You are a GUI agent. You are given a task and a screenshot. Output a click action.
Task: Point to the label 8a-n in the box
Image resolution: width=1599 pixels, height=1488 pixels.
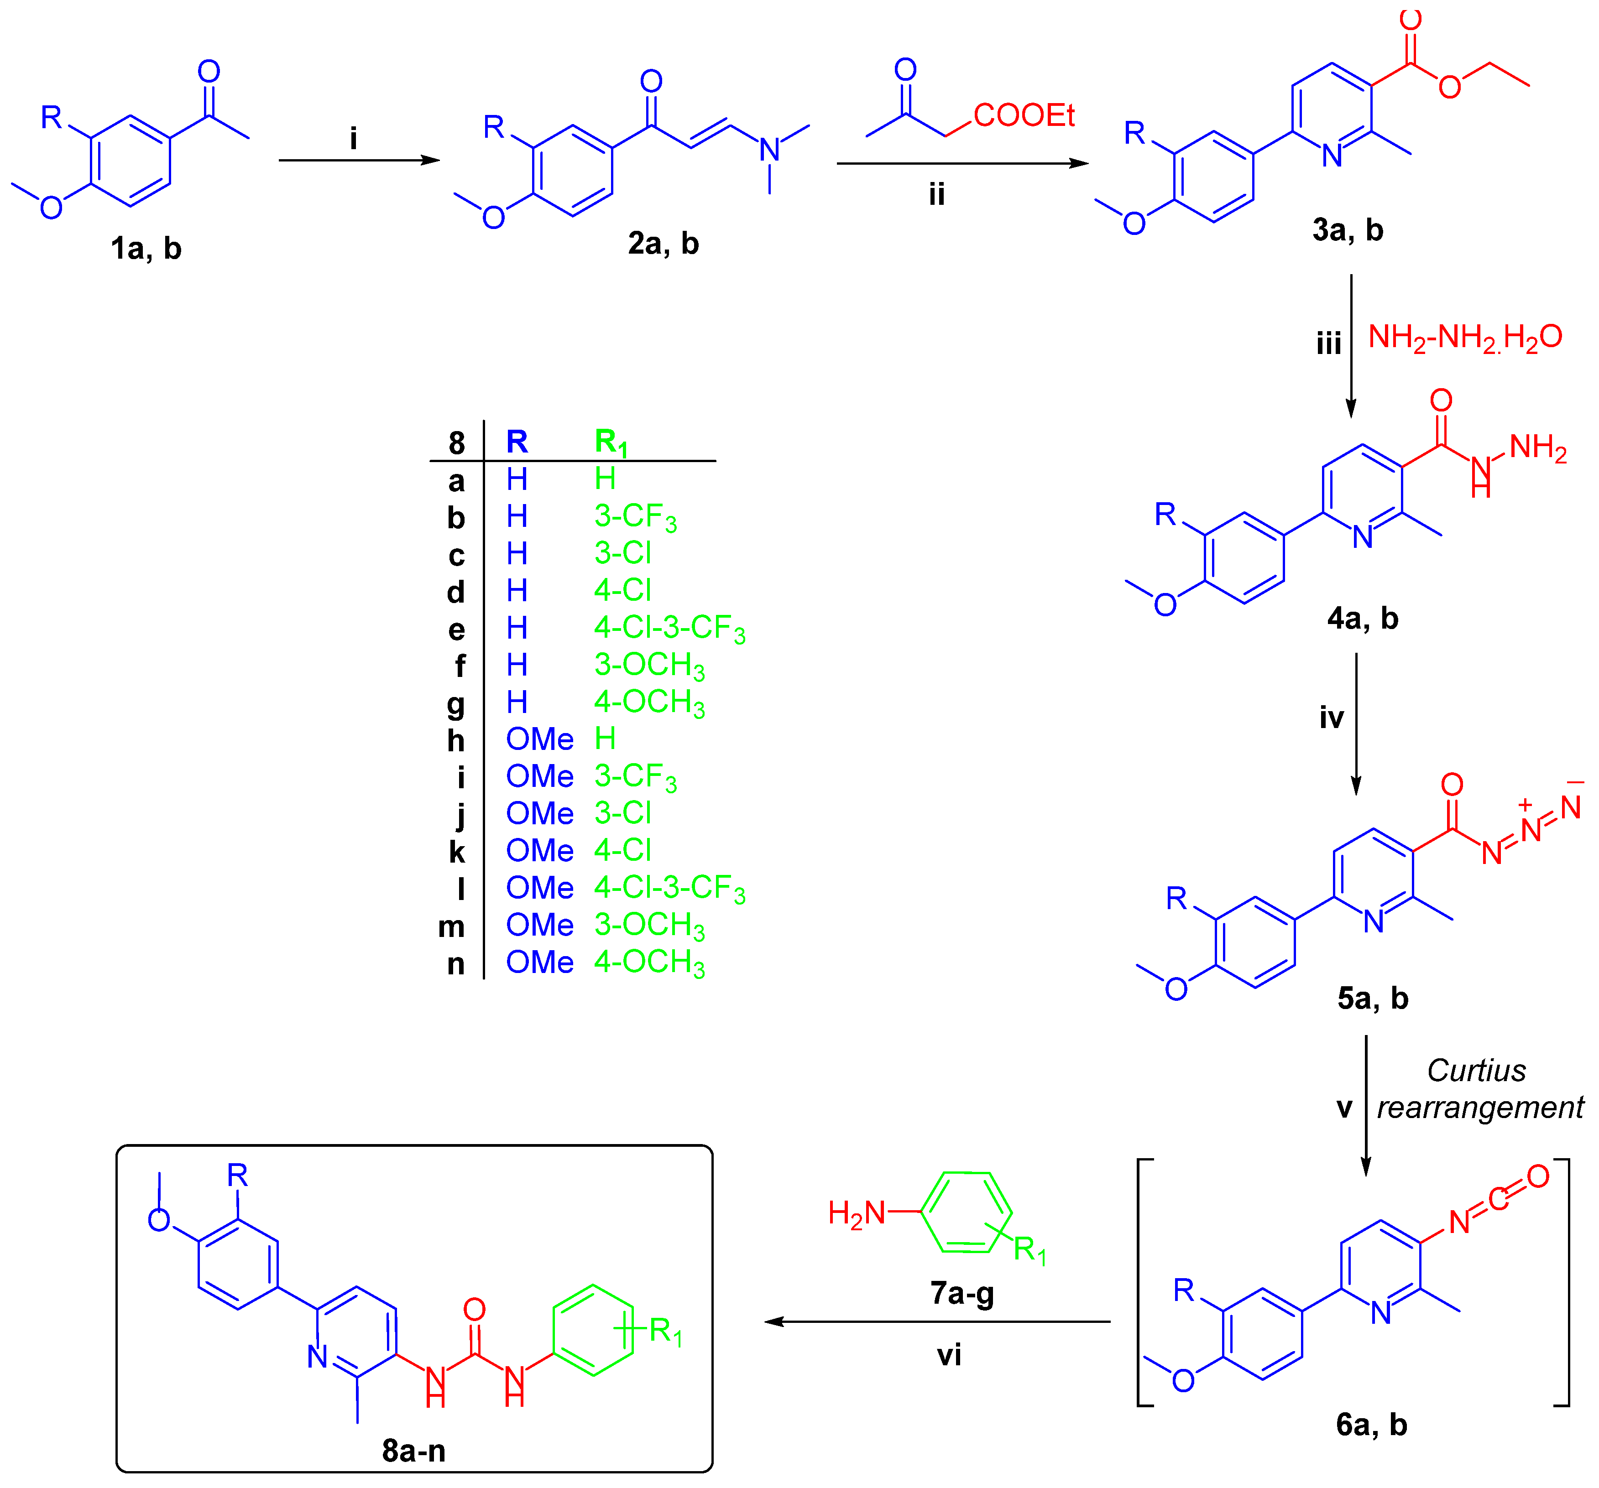413,1450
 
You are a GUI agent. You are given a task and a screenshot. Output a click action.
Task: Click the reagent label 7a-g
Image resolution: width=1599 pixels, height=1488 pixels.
962,1293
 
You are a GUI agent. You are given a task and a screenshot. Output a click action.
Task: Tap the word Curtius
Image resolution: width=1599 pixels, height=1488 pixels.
1476,1071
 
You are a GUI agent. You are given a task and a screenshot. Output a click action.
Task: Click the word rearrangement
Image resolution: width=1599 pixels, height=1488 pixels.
1480,1108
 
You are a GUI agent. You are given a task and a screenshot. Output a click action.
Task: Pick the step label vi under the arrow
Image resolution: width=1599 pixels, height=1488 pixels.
949,1355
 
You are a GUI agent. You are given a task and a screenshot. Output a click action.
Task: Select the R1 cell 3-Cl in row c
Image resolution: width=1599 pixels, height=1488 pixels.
622,553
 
